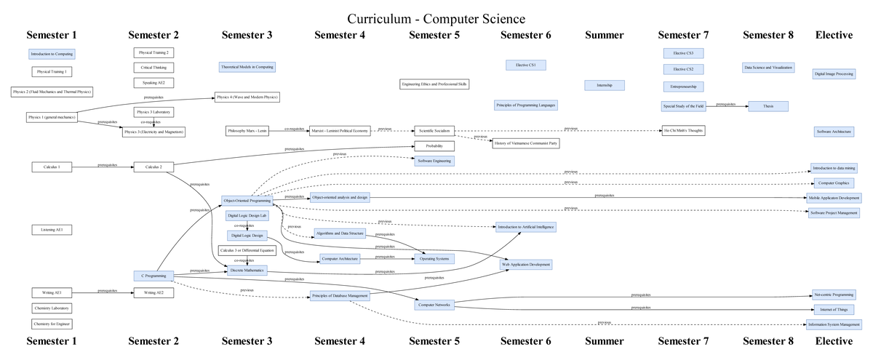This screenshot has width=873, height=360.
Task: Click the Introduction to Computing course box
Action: tap(52, 54)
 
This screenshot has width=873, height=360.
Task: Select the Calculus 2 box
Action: tap(154, 167)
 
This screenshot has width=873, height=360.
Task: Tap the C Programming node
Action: tap(154, 276)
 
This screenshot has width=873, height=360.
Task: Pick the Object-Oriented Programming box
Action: tap(247, 200)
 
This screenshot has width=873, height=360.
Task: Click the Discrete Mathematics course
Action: tap(247, 271)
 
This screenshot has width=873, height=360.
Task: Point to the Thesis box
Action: tap(768, 106)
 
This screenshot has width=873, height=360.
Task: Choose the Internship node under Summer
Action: tap(604, 85)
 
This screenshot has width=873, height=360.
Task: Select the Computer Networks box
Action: tap(435, 305)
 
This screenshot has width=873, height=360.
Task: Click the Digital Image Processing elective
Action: tap(834, 73)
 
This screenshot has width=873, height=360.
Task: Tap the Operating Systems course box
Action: tap(435, 258)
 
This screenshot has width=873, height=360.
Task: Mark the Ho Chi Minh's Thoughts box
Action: tap(683, 131)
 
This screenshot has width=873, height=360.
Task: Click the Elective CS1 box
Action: tap(526, 65)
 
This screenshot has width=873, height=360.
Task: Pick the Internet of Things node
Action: tap(834, 310)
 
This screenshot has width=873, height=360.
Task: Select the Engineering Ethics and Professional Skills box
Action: tap(435, 84)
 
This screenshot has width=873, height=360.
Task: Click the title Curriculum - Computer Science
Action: tap(436, 18)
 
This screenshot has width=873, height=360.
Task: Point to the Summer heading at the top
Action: tap(604, 35)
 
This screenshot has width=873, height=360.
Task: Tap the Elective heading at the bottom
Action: tap(834, 341)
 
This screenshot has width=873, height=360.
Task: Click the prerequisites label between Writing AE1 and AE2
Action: tap(107, 290)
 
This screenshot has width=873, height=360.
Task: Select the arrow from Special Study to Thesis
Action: tap(726, 107)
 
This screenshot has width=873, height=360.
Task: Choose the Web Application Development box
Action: tap(526, 265)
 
